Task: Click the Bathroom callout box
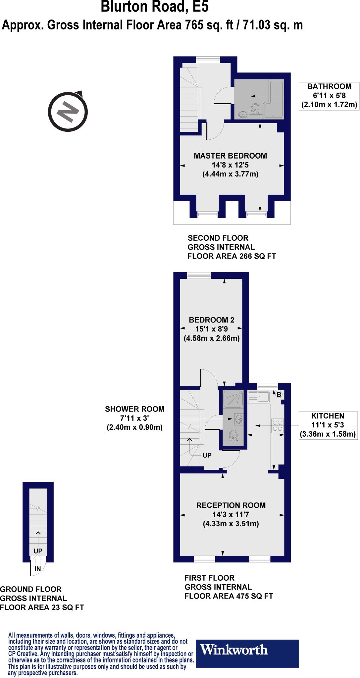329,96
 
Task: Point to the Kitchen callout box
328,425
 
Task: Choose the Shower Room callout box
135,418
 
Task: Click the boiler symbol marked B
279,395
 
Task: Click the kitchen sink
258,396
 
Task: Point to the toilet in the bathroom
255,108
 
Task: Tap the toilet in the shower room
233,435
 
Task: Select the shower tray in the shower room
233,399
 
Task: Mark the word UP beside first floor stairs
207,455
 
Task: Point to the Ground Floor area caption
42,598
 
